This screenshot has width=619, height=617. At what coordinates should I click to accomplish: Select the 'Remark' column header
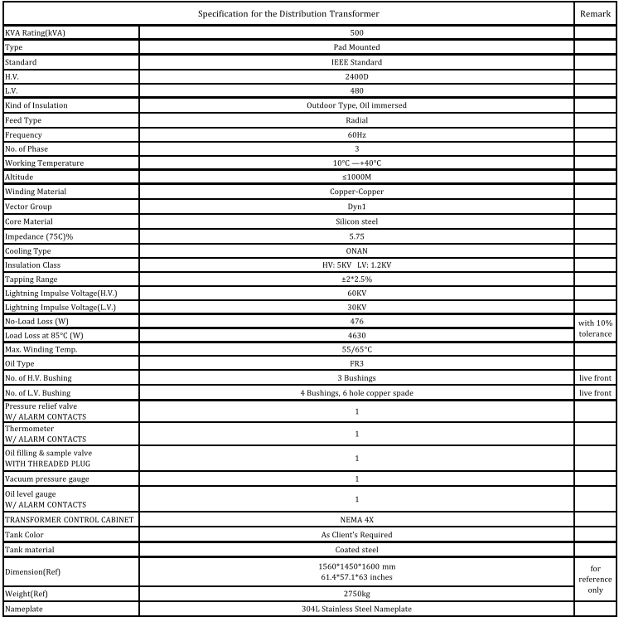pyautogui.click(x=596, y=14)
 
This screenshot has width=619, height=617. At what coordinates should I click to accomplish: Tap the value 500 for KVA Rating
pyautogui.click(x=356, y=32)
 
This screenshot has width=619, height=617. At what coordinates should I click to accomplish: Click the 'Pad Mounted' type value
pyautogui.click(x=356, y=47)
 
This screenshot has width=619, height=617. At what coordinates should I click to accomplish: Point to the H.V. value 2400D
pyautogui.click(x=356, y=76)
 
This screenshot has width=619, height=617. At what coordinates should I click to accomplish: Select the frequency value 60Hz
pyautogui.click(x=356, y=134)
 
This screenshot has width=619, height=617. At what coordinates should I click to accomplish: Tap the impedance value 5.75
pyautogui.click(x=356, y=236)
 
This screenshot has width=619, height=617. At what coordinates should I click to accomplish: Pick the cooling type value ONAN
pyautogui.click(x=356, y=250)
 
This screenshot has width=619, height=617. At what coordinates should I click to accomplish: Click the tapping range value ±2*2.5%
pyautogui.click(x=356, y=279)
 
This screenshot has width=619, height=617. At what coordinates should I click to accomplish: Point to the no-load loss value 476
pyautogui.click(x=356, y=321)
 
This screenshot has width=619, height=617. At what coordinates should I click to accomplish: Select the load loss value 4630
pyautogui.click(x=356, y=336)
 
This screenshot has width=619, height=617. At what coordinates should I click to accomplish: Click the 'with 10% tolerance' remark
pyautogui.click(x=596, y=328)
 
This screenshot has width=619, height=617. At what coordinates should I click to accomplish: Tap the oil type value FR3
pyautogui.click(x=356, y=365)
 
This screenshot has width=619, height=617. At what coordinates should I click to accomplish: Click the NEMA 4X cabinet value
pyautogui.click(x=356, y=520)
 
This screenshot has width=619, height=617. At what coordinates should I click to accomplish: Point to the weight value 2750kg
pyautogui.click(x=356, y=594)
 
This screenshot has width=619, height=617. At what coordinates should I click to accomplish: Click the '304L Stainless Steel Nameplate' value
pyautogui.click(x=356, y=609)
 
